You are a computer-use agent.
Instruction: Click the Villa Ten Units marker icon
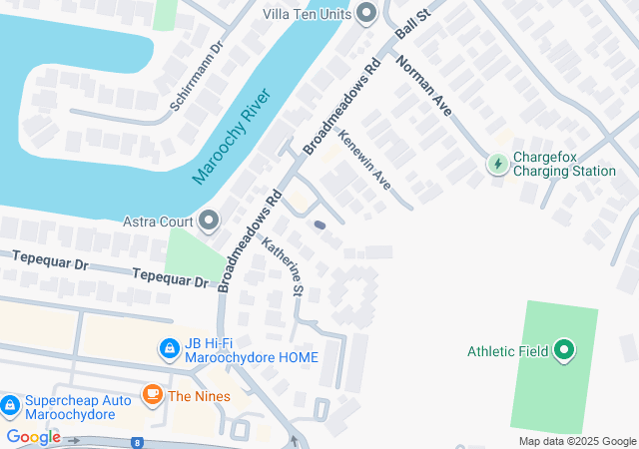tap(366, 14)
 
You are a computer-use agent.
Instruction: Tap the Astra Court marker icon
tap(209, 220)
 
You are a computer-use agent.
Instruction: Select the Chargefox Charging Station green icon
tap(497, 164)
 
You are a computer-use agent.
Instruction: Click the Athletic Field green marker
tap(564, 350)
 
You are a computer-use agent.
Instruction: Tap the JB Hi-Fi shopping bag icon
tap(170, 349)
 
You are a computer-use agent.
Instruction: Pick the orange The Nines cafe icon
tap(153, 395)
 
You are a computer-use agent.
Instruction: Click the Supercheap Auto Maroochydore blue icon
tap(10, 406)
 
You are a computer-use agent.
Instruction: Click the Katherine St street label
tap(283, 265)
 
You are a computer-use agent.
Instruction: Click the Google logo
tap(33, 437)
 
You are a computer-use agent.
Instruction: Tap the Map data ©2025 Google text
tap(577, 441)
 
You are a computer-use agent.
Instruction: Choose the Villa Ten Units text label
tap(308, 14)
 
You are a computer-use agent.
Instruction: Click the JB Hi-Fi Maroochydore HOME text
tap(251, 349)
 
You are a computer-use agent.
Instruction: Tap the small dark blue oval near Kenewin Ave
tap(319, 225)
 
